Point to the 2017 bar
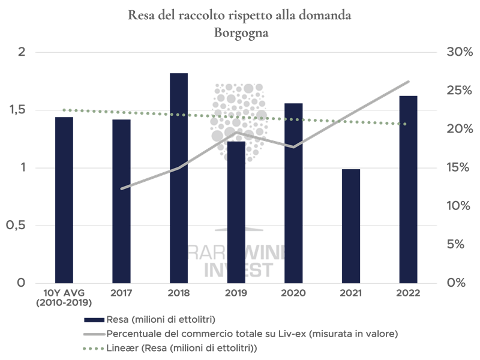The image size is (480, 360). pyautogui.click(x=121, y=201)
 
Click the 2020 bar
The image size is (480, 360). pyautogui.click(x=293, y=193)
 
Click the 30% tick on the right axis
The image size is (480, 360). pyautogui.click(x=457, y=53)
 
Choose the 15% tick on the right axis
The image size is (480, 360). pyautogui.click(x=457, y=167)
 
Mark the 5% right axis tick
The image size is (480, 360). pyautogui.click(x=458, y=244)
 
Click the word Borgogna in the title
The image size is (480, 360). pyautogui.click(x=240, y=34)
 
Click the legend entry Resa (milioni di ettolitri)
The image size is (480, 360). pyautogui.click(x=159, y=317)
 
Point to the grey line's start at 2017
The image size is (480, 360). pyautogui.click(x=122, y=188)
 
